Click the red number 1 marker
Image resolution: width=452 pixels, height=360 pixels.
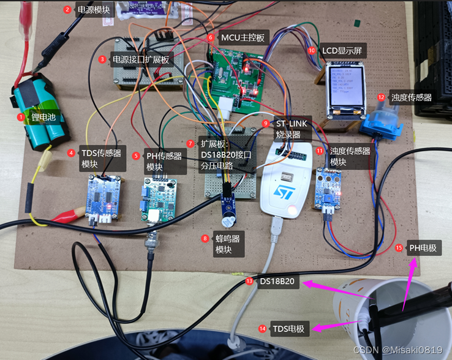[x=21, y=116]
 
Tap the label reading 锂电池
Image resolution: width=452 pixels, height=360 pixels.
[x=43, y=116]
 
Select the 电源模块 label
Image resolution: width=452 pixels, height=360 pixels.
[x=93, y=10]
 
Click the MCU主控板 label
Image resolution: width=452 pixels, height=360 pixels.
[x=243, y=38]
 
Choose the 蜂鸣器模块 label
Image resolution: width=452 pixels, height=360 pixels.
[x=228, y=244]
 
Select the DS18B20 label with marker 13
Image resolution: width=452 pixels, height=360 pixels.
[x=279, y=282]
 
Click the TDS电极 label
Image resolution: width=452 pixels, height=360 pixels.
[x=290, y=329]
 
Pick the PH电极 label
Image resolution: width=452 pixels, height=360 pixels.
[x=423, y=248]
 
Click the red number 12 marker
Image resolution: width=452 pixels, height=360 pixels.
[x=381, y=97]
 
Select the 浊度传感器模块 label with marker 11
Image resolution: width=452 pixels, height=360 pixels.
[x=350, y=156]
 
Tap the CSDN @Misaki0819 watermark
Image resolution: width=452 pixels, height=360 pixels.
[x=397, y=350]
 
